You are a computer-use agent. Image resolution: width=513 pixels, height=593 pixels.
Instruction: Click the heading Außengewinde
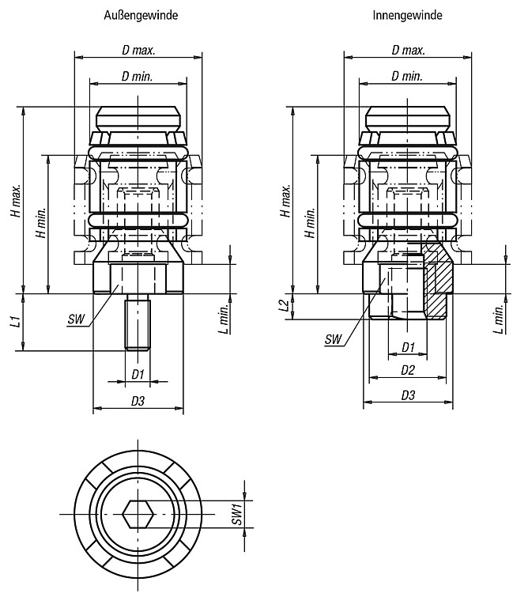tap(141, 15)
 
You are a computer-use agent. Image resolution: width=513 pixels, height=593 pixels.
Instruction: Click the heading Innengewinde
tap(407, 15)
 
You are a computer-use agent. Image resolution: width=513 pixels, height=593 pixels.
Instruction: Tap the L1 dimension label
tap(16, 322)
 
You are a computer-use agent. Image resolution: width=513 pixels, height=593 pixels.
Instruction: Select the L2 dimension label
tap(285, 305)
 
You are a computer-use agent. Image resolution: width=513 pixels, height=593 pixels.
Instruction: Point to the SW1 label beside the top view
tap(237, 514)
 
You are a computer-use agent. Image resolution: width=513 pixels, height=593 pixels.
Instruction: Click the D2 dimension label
tap(408, 370)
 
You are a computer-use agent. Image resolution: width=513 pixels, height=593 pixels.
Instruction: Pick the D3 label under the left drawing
tap(138, 401)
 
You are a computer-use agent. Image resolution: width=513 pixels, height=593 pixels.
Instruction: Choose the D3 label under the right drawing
tap(408, 395)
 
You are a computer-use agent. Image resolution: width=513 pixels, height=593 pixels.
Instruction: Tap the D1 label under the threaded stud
tap(138, 375)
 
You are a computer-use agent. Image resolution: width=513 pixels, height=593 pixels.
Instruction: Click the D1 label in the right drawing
tap(408, 347)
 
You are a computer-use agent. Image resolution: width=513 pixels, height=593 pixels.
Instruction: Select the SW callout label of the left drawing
tap(77, 319)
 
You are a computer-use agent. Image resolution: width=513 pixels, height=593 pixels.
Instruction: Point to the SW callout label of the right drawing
tap(333, 339)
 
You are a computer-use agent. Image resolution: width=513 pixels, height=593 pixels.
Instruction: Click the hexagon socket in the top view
tap(138, 515)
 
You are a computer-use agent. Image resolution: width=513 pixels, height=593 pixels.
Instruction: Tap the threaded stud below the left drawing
tap(138, 323)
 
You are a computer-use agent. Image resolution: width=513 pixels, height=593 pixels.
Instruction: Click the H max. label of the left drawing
tap(16, 201)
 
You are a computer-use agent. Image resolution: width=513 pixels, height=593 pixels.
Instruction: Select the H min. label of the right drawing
tap(311, 223)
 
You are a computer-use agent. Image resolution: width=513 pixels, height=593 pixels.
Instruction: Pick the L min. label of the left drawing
tap(224, 319)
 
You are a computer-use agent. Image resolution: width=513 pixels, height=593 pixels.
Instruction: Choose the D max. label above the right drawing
tap(409, 50)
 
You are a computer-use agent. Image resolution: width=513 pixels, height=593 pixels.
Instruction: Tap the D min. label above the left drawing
tap(138, 77)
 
